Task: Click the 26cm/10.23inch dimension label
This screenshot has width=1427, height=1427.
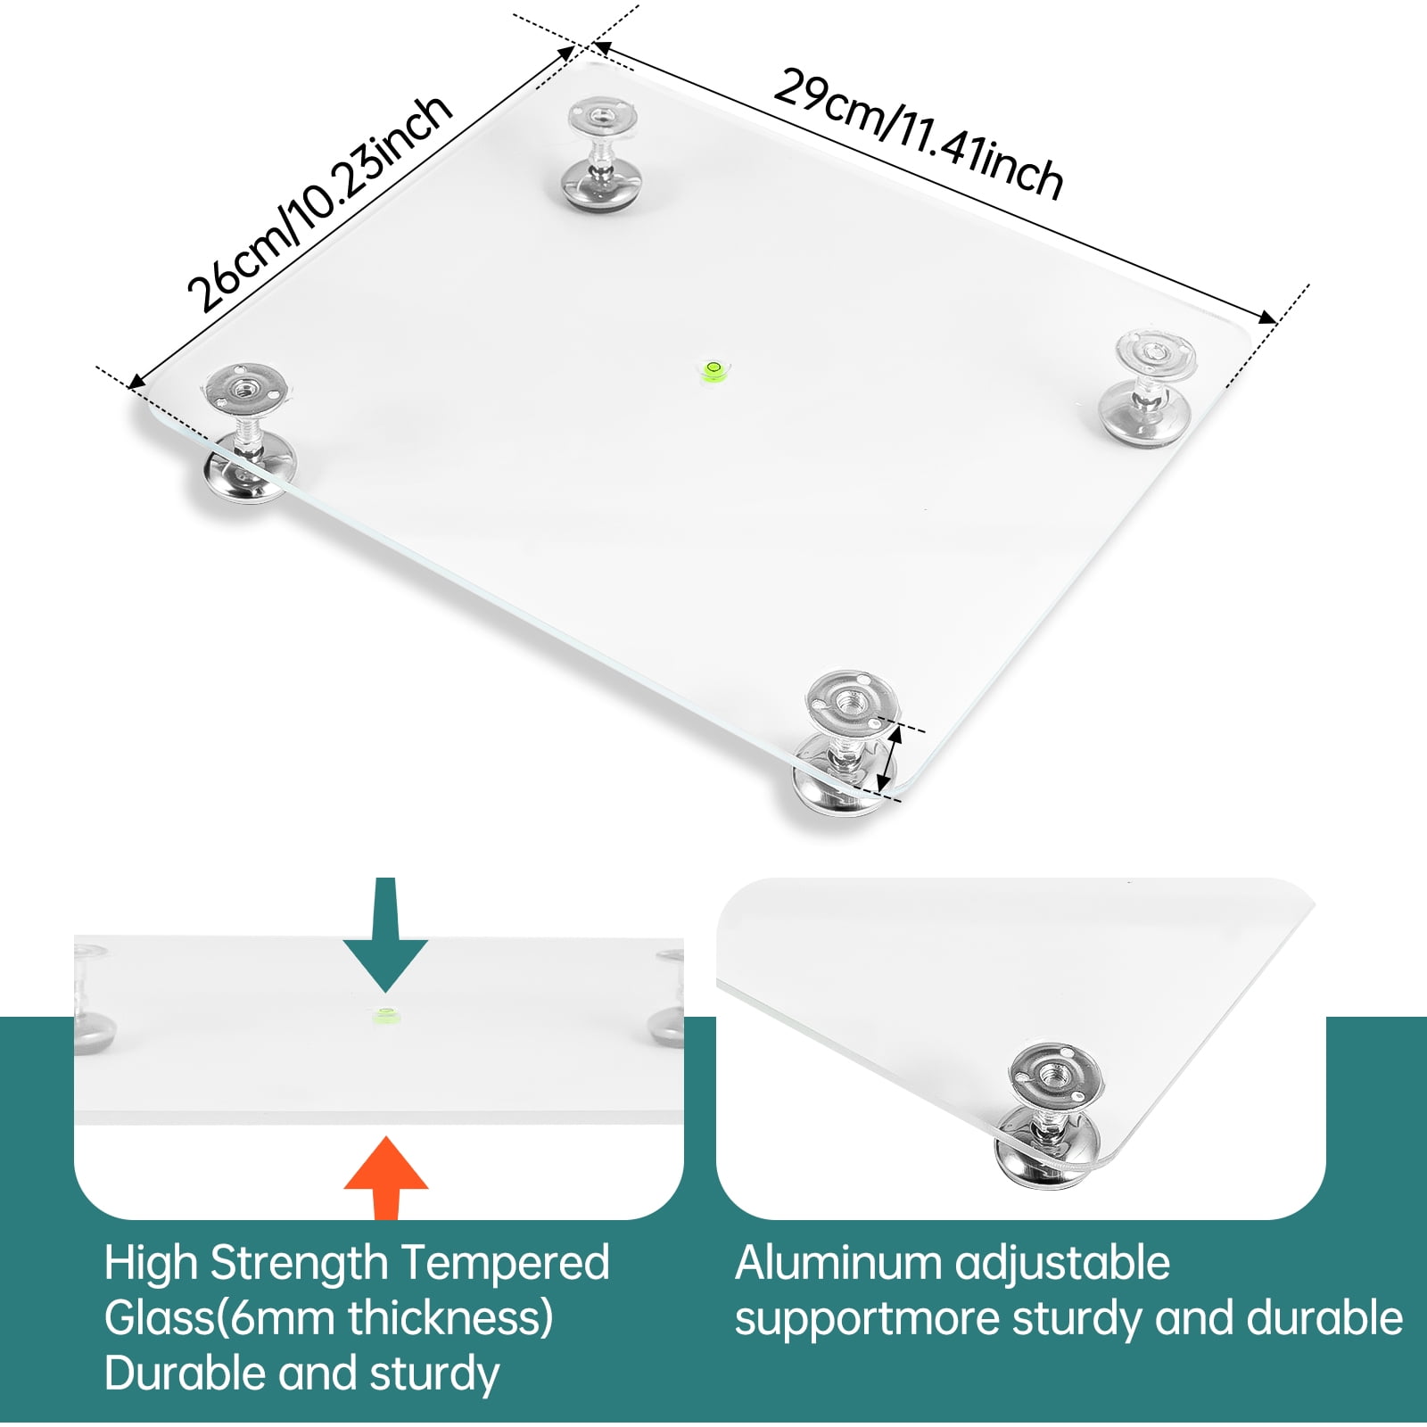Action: click(x=319, y=203)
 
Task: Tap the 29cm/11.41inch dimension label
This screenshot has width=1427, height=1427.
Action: click(x=919, y=134)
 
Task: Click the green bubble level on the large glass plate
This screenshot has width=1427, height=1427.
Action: click(x=713, y=369)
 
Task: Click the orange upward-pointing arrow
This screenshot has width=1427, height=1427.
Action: click(x=386, y=1177)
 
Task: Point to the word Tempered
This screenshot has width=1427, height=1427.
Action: click(x=505, y=1265)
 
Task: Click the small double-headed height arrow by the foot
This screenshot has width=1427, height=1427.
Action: click(x=888, y=759)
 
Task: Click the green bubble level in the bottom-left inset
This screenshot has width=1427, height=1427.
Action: click(x=385, y=1014)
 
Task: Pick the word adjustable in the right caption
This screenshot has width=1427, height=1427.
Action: click(x=1062, y=1265)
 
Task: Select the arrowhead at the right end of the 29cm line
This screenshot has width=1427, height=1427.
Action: click(x=1266, y=318)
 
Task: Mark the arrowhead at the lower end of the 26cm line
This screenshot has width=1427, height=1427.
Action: click(x=137, y=382)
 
